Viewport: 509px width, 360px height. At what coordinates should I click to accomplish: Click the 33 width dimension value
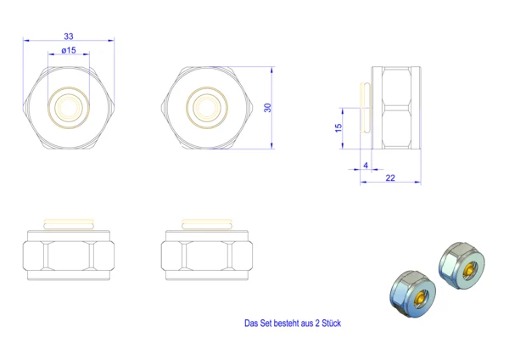tap(69, 37)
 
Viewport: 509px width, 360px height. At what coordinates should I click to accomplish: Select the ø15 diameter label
tap(69, 50)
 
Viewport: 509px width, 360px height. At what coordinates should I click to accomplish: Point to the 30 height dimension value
tap(267, 108)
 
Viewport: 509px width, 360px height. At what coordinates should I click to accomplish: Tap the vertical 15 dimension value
tap(338, 127)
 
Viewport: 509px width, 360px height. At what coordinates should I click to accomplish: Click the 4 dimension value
tap(366, 166)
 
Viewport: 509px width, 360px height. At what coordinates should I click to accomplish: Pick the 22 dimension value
tap(390, 177)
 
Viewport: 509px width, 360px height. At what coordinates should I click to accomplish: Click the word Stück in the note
tap(332, 323)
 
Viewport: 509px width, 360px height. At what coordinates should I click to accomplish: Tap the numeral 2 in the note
tap(317, 323)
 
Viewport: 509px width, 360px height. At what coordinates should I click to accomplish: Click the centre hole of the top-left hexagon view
tap(69, 107)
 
